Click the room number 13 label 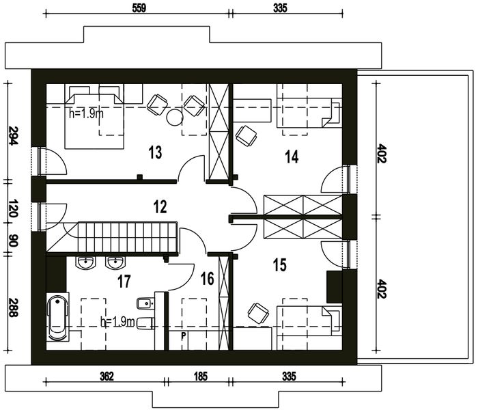tap(155, 152)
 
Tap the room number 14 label tap(292, 157)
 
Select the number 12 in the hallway tap(160, 206)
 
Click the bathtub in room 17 tap(58, 318)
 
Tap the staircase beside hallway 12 tap(126, 237)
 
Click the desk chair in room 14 tap(247, 135)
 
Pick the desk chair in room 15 tap(257, 313)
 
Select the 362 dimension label tap(106, 376)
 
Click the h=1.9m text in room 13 tap(86, 113)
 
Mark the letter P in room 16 tap(182, 336)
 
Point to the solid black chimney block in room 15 tap(335, 286)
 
